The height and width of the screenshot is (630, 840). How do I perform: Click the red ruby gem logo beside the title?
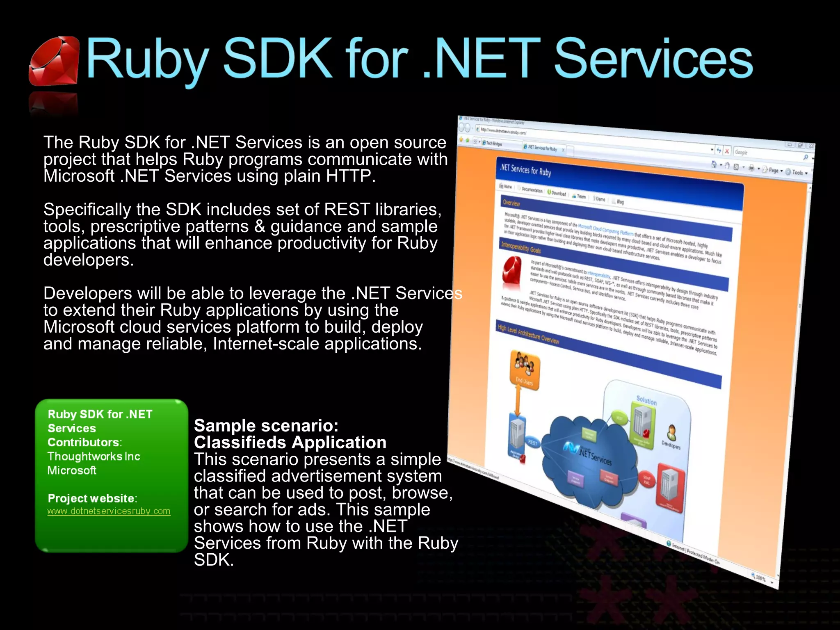pyautogui.click(x=54, y=62)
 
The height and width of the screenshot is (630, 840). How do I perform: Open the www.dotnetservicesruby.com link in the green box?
pyautogui.click(x=109, y=511)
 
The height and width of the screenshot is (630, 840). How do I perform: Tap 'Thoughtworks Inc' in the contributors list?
pyautogui.click(x=94, y=457)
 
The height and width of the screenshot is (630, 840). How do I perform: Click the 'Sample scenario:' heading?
pyautogui.click(x=266, y=426)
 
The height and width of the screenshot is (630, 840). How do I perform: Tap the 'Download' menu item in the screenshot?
pyautogui.click(x=557, y=193)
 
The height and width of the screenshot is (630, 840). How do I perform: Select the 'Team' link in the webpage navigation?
pyautogui.click(x=580, y=196)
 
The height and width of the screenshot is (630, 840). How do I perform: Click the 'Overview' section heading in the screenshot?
pyautogui.click(x=511, y=203)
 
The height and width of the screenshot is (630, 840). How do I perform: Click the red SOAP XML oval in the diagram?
pyautogui.click(x=647, y=480)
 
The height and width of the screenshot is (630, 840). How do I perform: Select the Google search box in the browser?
pyautogui.click(x=763, y=153)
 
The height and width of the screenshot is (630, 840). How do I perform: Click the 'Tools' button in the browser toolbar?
pyautogui.click(x=798, y=173)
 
